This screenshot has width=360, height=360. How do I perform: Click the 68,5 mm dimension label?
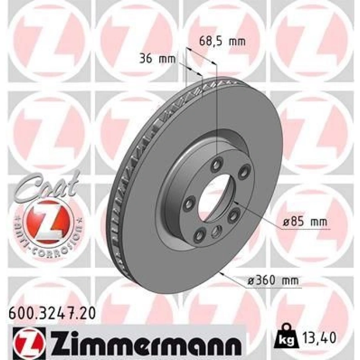222,41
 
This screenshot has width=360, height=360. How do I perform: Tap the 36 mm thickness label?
158,60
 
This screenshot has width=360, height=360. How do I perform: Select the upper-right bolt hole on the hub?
242,173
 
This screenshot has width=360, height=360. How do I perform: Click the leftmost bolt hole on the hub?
188,204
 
